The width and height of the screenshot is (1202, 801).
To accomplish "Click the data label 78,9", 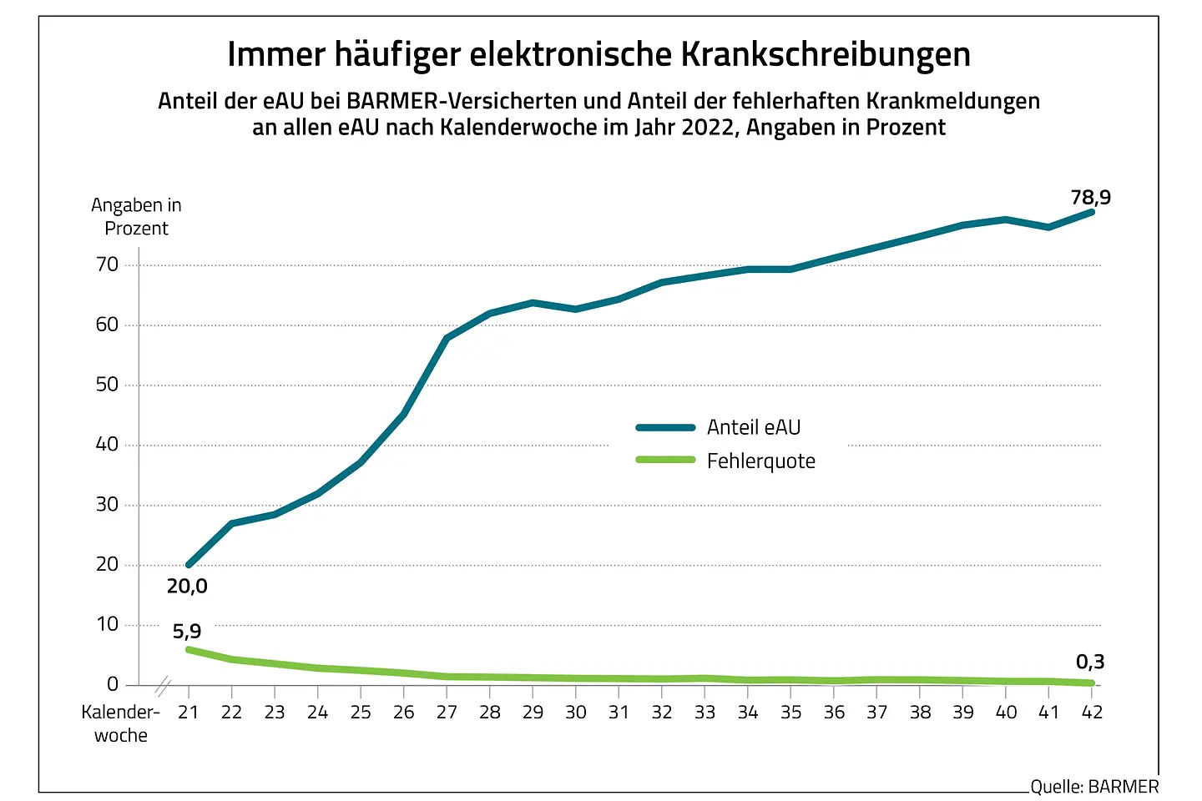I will click(x=1090, y=198).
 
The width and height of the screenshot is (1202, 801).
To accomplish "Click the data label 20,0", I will click(x=187, y=587).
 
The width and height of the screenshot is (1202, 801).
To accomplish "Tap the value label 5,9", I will click(x=187, y=632).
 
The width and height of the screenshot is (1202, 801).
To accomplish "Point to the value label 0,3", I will click(x=1089, y=662).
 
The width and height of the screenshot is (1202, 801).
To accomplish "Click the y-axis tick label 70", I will click(x=108, y=264).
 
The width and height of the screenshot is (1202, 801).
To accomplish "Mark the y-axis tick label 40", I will click(x=108, y=445).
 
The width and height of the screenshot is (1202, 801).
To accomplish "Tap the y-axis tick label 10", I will click(x=108, y=624).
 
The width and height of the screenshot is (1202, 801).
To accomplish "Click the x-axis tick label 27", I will click(x=447, y=713).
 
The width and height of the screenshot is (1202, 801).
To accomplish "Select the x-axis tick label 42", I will click(x=1092, y=713).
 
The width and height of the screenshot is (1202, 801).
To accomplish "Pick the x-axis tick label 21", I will click(x=189, y=713).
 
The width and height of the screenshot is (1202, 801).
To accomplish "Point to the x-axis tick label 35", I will click(x=790, y=713).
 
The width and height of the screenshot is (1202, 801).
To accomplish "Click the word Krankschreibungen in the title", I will click(x=826, y=55).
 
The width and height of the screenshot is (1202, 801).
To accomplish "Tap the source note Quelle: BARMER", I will click(x=1094, y=787).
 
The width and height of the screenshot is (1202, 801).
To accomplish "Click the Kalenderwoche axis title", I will click(x=120, y=723).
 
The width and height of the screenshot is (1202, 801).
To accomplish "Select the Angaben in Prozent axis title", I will click(x=136, y=217).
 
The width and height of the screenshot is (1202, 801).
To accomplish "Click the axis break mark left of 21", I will click(x=164, y=688).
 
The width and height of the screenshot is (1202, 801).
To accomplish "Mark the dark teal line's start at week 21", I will click(x=189, y=565).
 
